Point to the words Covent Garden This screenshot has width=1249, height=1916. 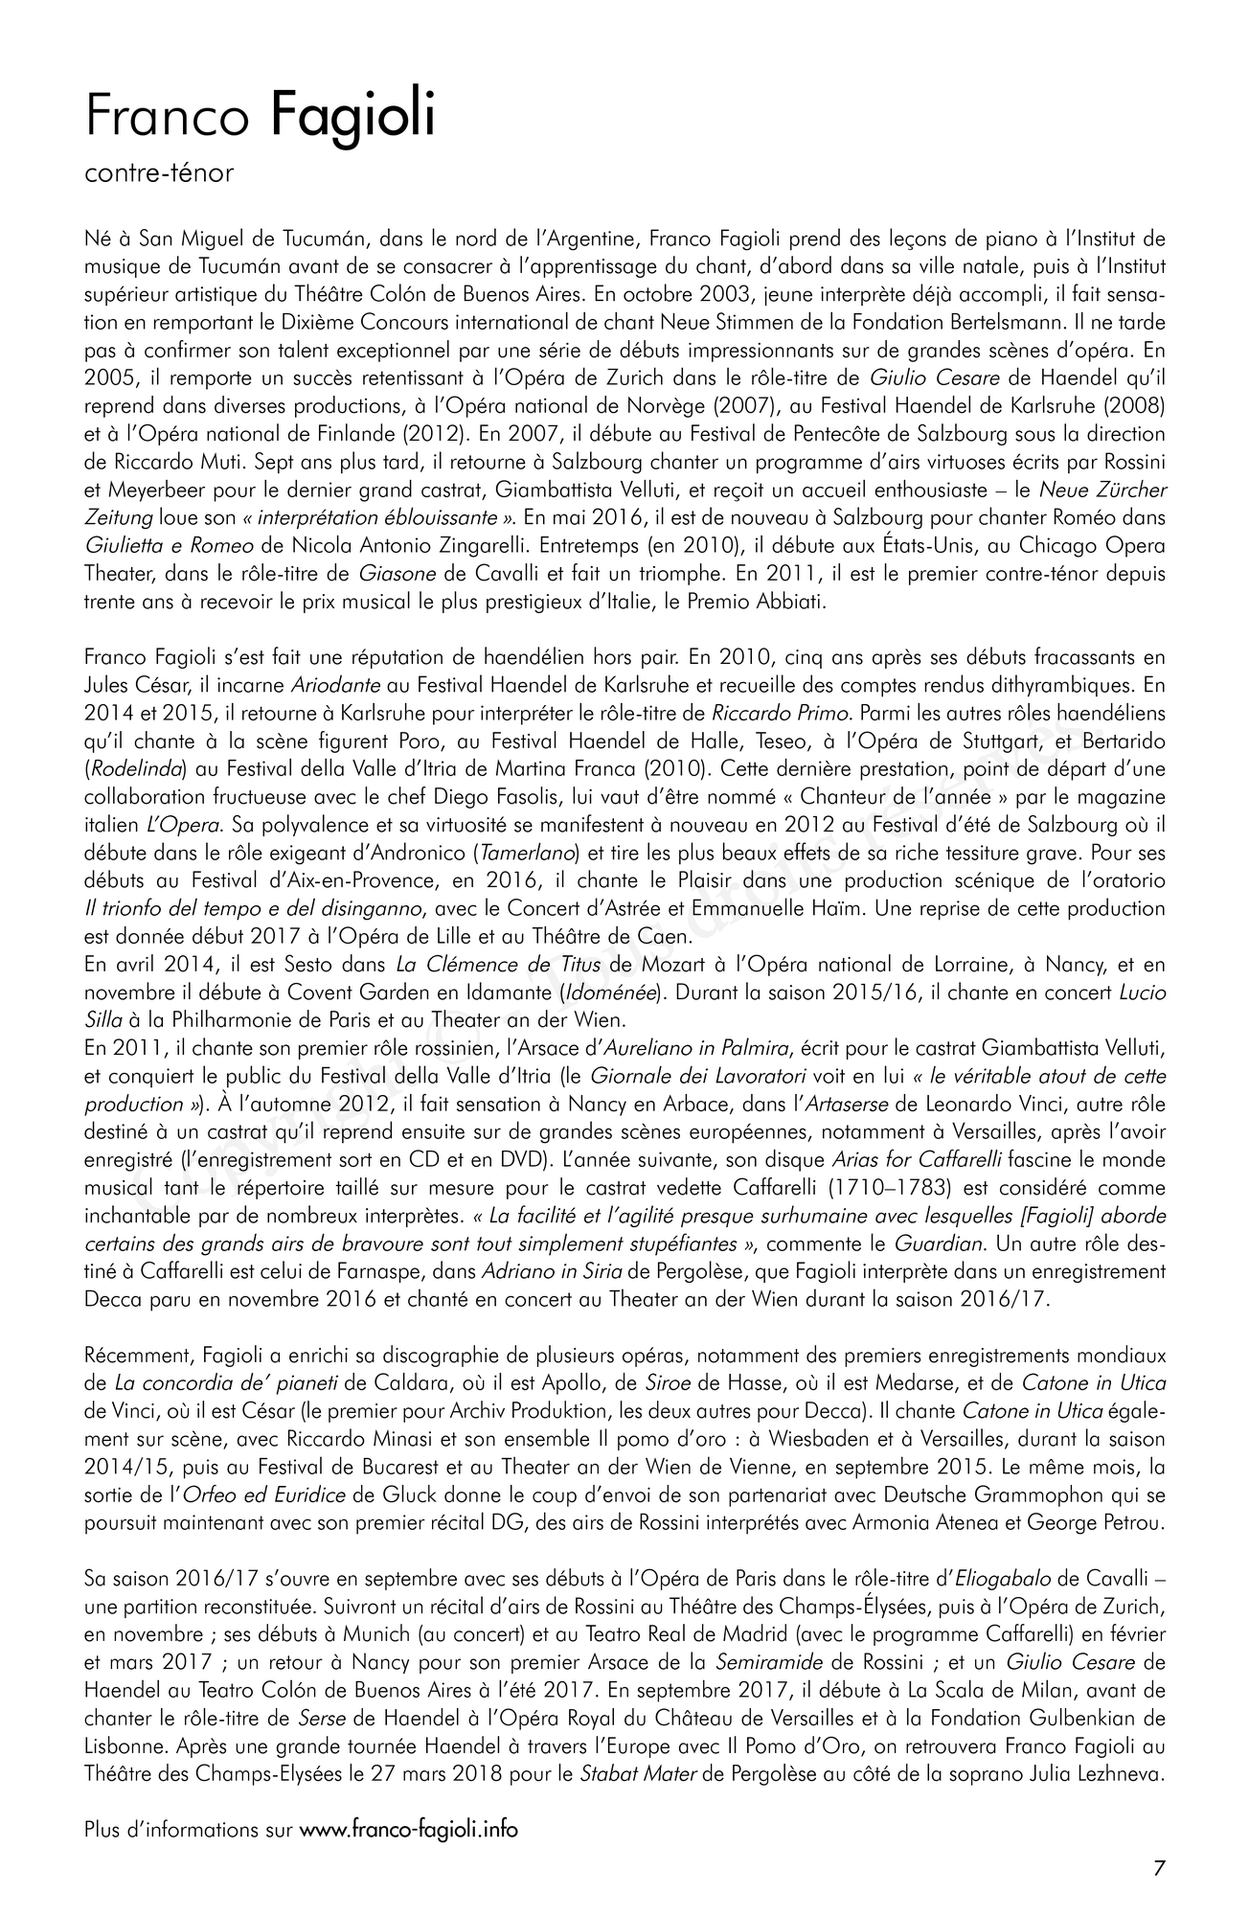tap(319, 991)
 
